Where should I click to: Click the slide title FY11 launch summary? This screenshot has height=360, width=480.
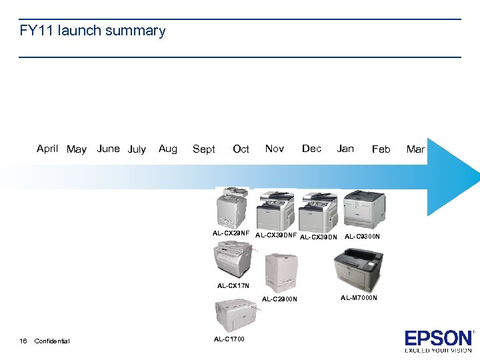(93, 31)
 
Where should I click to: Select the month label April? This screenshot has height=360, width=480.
(47, 149)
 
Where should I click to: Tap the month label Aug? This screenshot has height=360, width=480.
(168, 149)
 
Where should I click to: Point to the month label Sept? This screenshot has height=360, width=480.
(203, 149)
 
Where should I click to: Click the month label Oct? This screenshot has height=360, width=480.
(241, 149)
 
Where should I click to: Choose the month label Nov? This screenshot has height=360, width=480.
(274, 149)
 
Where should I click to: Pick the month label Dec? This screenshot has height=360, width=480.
(311, 149)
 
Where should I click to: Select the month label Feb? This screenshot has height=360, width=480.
(381, 149)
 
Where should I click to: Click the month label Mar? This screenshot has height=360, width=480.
(415, 149)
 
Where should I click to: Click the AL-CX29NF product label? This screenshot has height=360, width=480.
(231, 233)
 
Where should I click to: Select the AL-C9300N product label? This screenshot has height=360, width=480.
(362, 236)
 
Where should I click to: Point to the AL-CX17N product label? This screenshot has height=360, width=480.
(233, 286)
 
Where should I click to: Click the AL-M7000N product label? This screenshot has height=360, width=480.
(359, 298)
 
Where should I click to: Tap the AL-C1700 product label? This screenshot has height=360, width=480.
(229, 339)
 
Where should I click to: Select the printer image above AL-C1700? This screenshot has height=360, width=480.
(233, 315)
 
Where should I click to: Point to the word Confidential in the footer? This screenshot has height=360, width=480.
(51, 341)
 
